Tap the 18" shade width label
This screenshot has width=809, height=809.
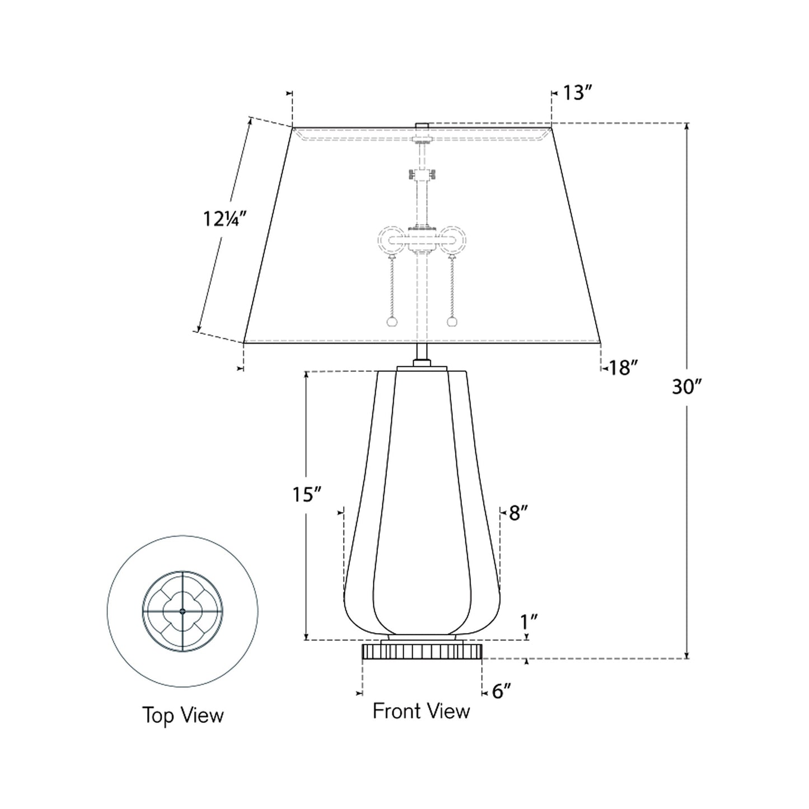623,368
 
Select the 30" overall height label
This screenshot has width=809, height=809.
687,386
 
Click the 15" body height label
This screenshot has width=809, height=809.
307,494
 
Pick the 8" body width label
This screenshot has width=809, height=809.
518,513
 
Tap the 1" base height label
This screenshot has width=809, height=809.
529,621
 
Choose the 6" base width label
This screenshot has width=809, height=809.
502,691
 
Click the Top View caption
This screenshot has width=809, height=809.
183,715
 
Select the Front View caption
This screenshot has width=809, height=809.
421,711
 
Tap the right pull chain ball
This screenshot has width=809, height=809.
452,322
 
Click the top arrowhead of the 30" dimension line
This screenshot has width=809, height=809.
687,126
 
